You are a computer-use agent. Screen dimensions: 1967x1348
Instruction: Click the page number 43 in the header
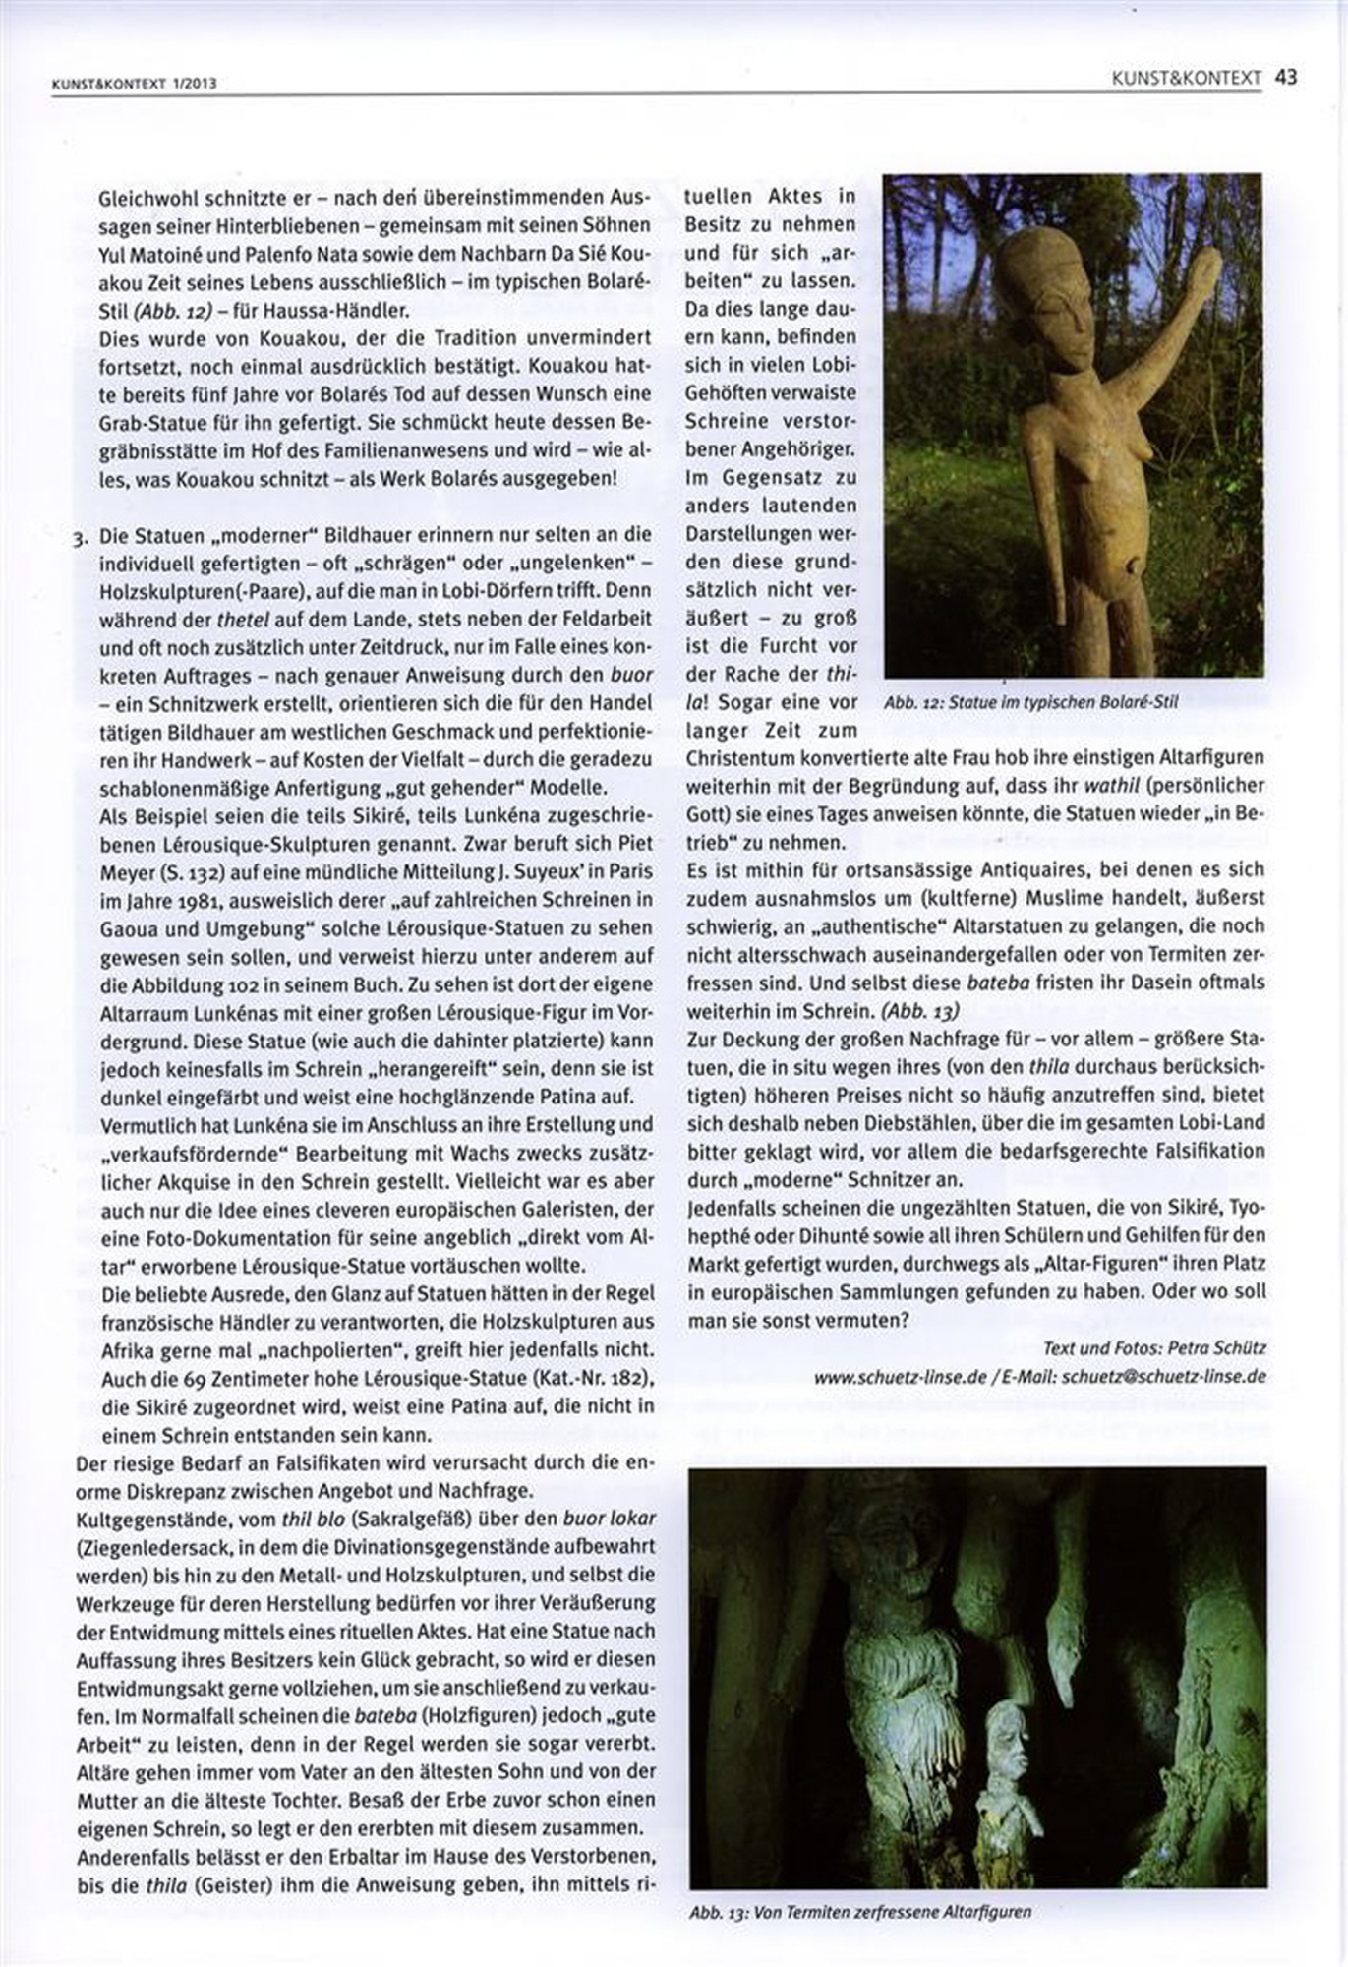1286,77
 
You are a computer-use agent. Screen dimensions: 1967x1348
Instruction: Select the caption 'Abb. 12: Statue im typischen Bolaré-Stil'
1030,703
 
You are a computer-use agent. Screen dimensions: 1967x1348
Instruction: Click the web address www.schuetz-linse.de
899,1377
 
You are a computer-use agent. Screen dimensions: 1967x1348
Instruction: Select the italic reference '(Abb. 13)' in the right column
919,1010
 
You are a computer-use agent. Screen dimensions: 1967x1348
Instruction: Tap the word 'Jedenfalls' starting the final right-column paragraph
730,1207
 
